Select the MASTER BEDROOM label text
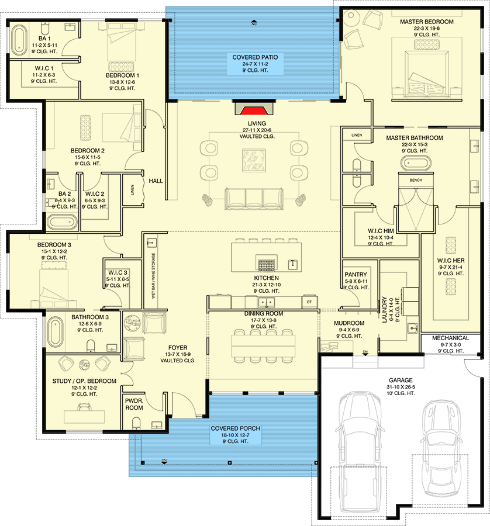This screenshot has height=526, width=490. click(x=419, y=22)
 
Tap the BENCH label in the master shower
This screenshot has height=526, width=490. click(x=416, y=180)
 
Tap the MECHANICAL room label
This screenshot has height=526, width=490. click(x=450, y=338)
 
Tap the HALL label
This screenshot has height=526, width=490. click(x=156, y=181)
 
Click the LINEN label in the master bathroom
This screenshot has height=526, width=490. click(x=357, y=135)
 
